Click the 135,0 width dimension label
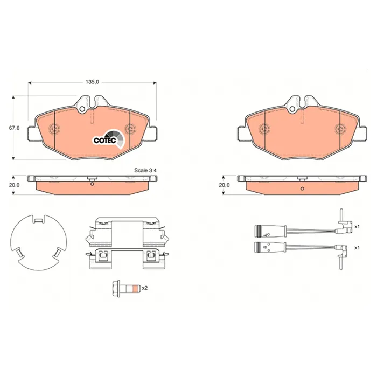pyautogui.click(x=92, y=82)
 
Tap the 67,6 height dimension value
pyautogui.click(x=15, y=128)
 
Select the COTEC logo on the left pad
pyautogui.click(x=109, y=139)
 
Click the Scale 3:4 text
pyautogui.click(x=145, y=171)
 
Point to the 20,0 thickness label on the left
pyautogui.click(x=15, y=185)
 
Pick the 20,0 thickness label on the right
pyautogui.click(x=225, y=185)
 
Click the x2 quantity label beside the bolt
pyautogui.click(x=144, y=288)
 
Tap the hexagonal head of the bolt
pyautogui.click(x=116, y=288)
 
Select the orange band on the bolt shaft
pyautogui.click(x=136, y=288)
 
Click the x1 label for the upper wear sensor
pyautogui.click(x=357, y=227)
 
